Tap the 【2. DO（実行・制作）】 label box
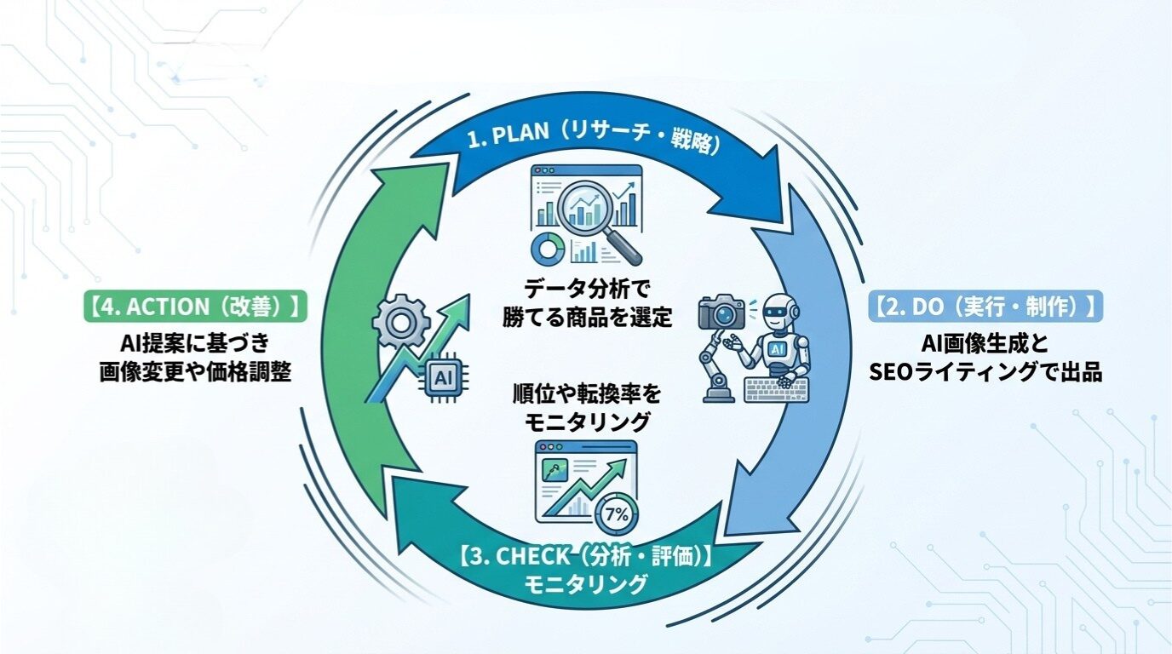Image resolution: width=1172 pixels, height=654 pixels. click(985, 307)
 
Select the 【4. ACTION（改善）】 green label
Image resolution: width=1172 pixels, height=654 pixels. click(195, 307)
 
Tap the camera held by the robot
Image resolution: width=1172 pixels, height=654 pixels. click(721, 313)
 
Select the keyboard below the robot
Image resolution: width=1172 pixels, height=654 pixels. click(776, 390)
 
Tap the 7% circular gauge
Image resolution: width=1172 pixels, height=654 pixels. click(615, 513)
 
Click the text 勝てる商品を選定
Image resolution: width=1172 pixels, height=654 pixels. click(586, 317)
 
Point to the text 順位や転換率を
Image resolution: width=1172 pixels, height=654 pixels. click(586, 393)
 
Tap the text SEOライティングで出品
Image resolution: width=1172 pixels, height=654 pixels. click(985, 372)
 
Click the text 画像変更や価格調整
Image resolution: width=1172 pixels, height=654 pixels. click(195, 372)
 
